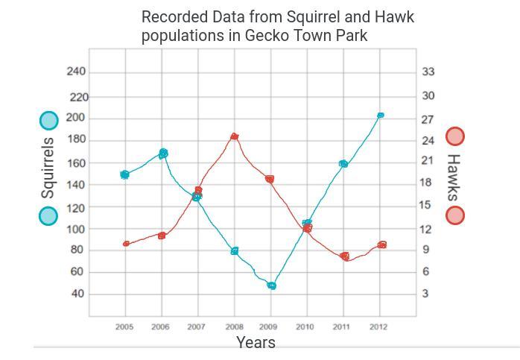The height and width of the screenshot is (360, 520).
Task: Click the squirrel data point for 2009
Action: [272, 285]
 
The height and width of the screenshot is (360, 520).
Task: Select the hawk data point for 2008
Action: [235, 136]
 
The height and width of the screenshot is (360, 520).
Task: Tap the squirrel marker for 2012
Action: [381, 116]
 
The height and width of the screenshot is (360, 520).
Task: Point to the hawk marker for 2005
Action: [126, 244]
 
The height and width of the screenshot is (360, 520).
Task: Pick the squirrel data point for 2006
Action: [163, 154]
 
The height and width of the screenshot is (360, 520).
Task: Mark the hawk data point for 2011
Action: [344, 256]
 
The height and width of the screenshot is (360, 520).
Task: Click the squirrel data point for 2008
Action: [235, 251]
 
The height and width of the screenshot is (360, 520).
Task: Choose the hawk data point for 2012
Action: [382, 244]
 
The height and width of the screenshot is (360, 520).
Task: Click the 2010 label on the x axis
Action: [305, 326]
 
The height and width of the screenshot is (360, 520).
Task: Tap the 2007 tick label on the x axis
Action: [196, 326]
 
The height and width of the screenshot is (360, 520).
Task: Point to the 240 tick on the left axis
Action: [77, 72]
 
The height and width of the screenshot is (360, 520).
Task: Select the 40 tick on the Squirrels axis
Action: [77, 294]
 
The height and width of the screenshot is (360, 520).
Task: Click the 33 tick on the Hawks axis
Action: [428, 72]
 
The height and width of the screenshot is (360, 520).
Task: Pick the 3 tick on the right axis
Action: [425, 294]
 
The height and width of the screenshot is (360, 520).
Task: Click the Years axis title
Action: [256, 343]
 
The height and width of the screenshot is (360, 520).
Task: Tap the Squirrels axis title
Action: [48, 168]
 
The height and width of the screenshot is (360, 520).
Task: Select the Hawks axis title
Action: [453, 177]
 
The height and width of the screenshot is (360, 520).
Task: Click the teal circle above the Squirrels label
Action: [48, 120]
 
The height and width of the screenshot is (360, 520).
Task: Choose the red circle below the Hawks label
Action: [454, 215]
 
